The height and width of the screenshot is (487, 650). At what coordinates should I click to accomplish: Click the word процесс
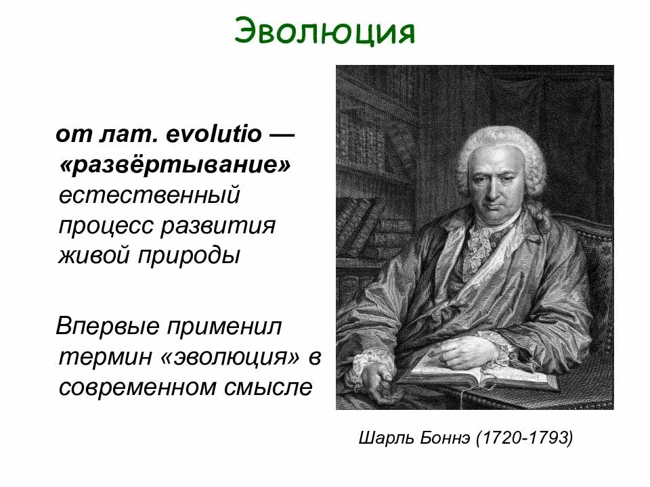(104, 227)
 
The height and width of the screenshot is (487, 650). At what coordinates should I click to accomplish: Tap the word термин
(105, 358)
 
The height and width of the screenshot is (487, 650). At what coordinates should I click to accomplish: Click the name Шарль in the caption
(381, 439)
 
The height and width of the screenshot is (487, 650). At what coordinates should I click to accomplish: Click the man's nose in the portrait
(492, 187)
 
